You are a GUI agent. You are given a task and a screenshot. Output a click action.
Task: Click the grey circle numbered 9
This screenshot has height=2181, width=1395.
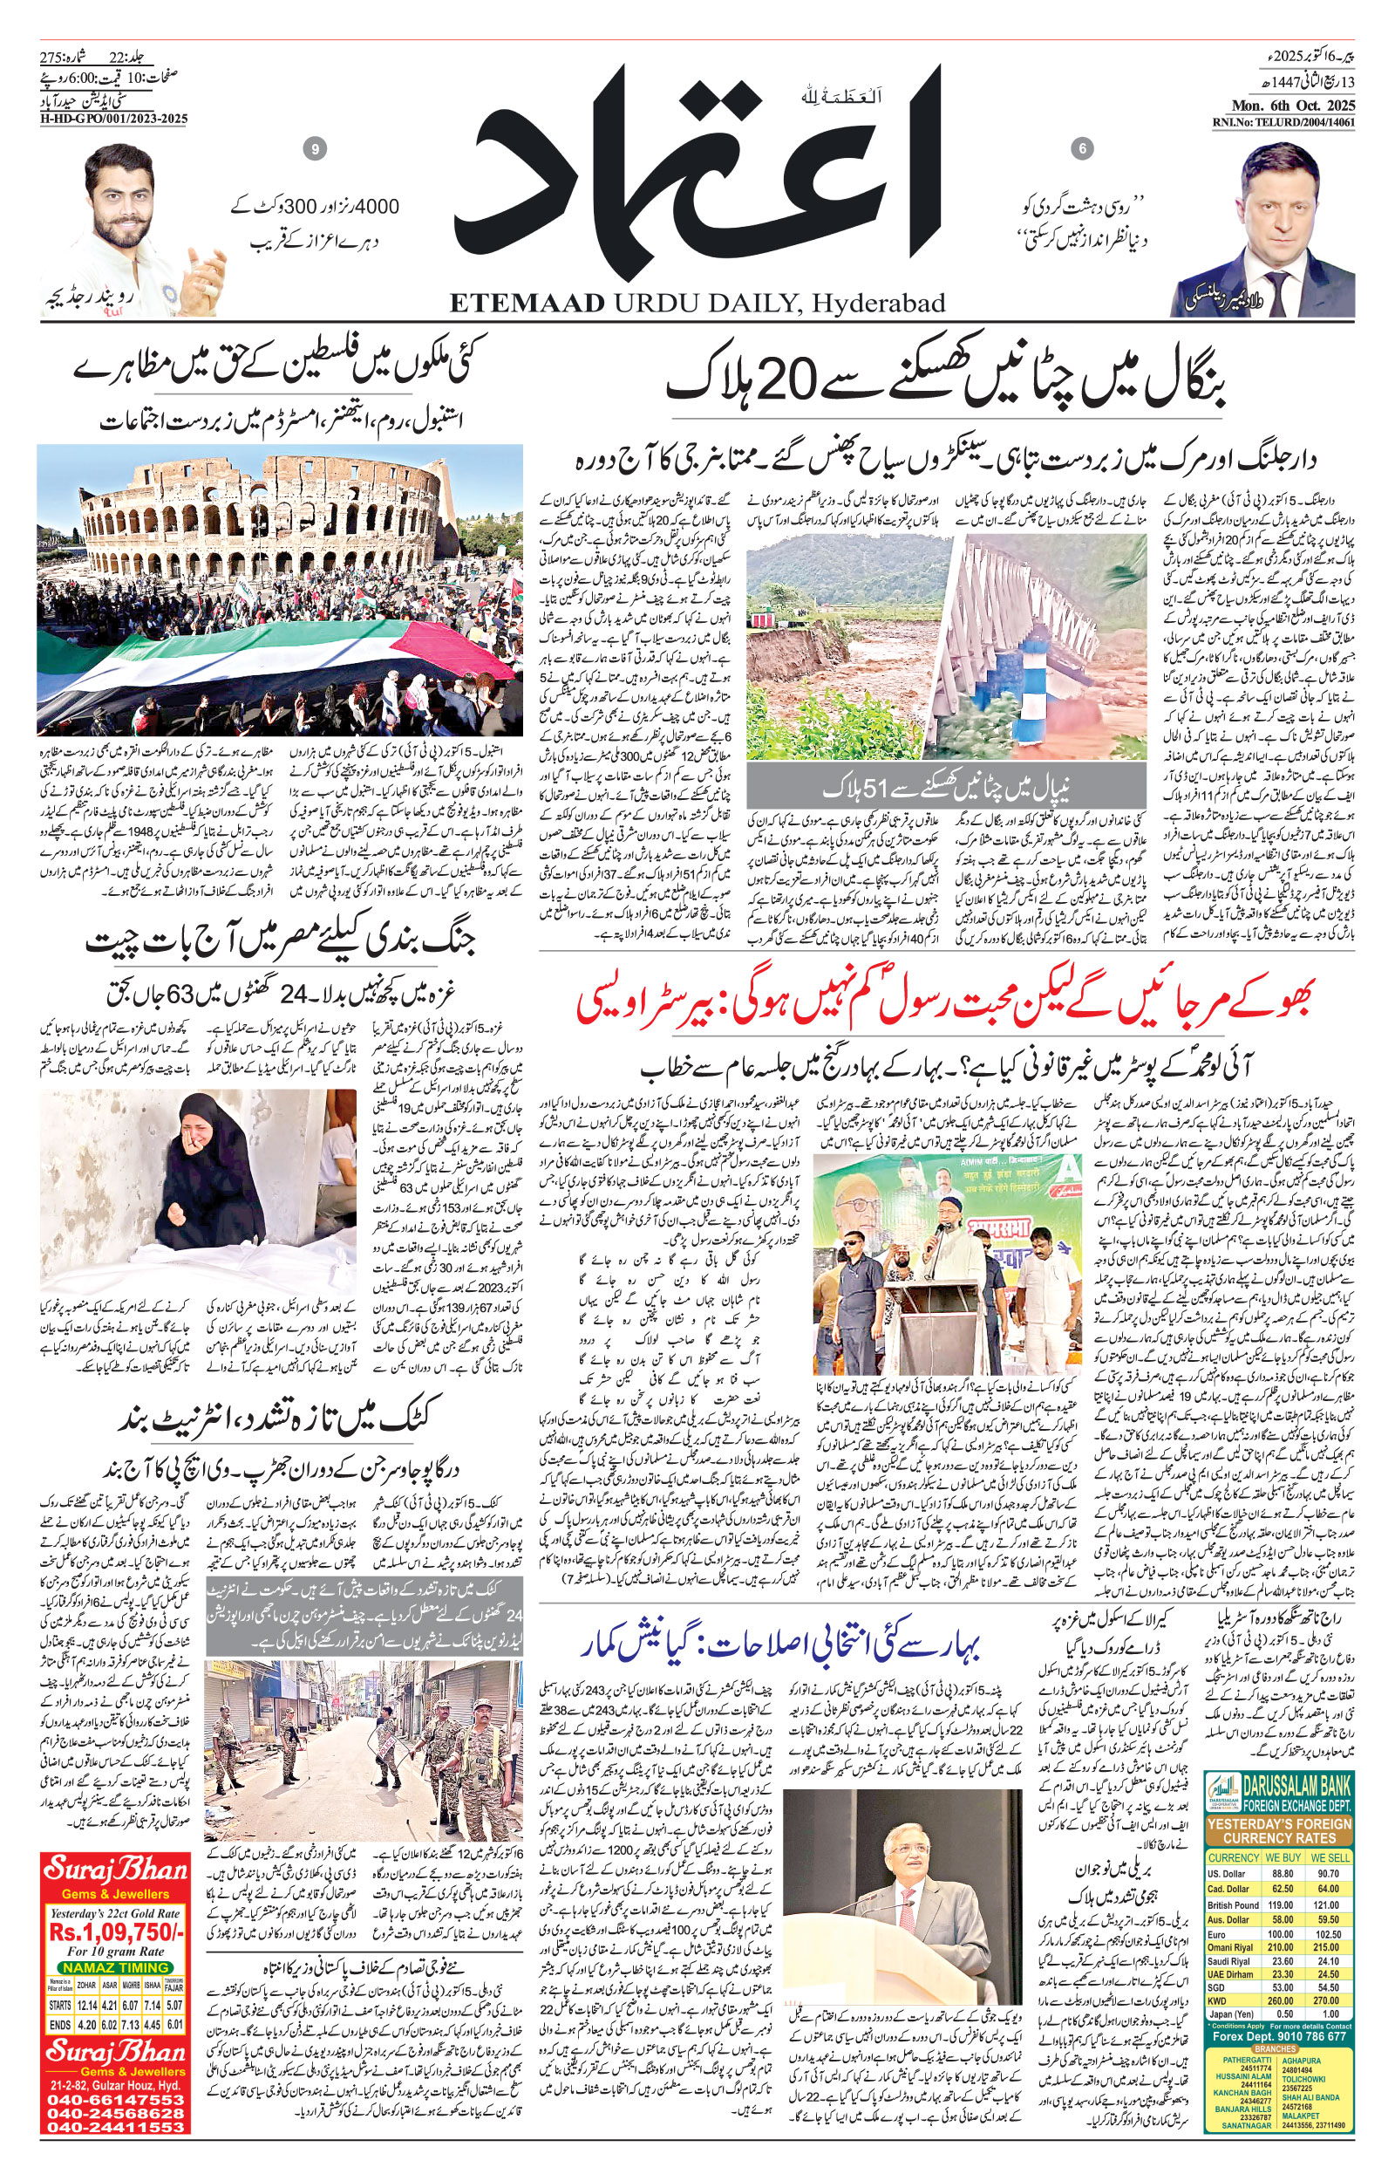click(x=316, y=148)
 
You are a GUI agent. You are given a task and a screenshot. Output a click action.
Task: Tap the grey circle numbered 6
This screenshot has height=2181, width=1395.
click(x=1080, y=148)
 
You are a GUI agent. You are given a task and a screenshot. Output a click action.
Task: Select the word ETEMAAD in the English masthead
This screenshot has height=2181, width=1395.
click(x=527, y=304)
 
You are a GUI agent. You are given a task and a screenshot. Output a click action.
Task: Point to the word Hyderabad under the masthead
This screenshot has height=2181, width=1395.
click(x=878, y=304)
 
